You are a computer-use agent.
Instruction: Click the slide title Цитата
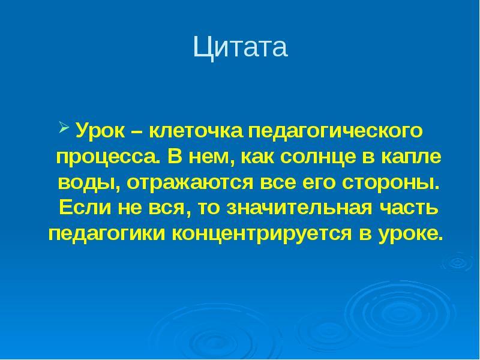[241, 47]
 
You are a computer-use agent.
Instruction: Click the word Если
[85, 208]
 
